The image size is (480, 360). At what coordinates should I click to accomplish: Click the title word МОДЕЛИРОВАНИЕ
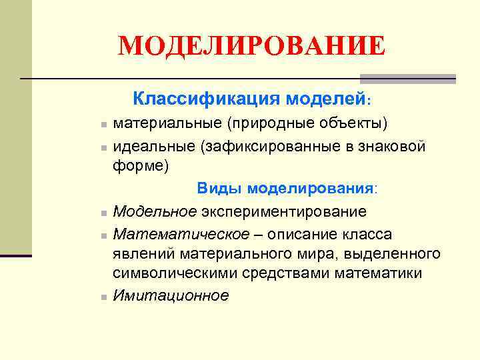[251, 47]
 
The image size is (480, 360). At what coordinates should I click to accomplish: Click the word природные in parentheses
[264, 123]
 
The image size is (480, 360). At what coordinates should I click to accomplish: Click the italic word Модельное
[155, 211]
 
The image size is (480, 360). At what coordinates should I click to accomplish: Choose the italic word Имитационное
[171, 295]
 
